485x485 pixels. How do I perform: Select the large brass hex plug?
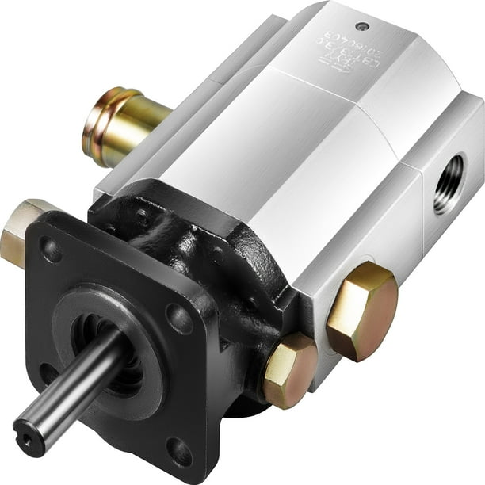click(x=361, y=311)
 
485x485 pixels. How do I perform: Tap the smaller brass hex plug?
click(x=289, y=370)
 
